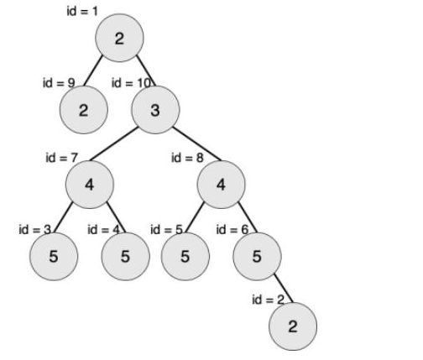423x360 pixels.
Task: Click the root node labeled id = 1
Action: pyautogui.click(x=119, y=38)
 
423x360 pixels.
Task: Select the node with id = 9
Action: pyautogui.click(x=84, y=110)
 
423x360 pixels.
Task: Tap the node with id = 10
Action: pyautogui.click(x=155, y=110)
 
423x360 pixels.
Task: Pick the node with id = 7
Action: pyautogui.click(x=90, y=185)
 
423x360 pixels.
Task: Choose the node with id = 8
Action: pyautogui.click(x=221, y=185)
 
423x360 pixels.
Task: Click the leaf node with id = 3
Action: pyautogui.click(x=54, y=256)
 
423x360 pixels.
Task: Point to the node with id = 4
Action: pyautogui.click(x=125, y=256)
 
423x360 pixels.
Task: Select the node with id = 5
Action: pyautogui.click(x=185, y=256)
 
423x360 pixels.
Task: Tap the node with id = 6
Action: pyautogui.click(x=257, y=256)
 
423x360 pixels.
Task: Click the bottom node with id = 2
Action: pyautogui.click(x=293, y=326)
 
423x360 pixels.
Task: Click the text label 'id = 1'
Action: pyautogui.click(x=82, y=12)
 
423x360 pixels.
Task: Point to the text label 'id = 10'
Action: pyautogui.click(x=131, y=83)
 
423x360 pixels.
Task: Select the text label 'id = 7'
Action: pyautogui.click(x=61, y=158)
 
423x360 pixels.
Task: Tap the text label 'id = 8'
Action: pyautogui.click(x=187, y=158)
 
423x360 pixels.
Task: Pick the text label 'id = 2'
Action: pyautogui.click(x=268, y=300)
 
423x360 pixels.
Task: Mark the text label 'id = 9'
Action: pyautogui.click(x=59, y=83)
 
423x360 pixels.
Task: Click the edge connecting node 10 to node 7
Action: pyautogui.click(x=113, y=144)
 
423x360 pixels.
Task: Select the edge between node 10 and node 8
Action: pyautogui.click(x=197, y=144)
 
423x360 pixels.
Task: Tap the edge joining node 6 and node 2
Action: pyautogui.click(x=284, y=289)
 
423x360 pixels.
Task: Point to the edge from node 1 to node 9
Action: pyautogui.click(x=93, y=70)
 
